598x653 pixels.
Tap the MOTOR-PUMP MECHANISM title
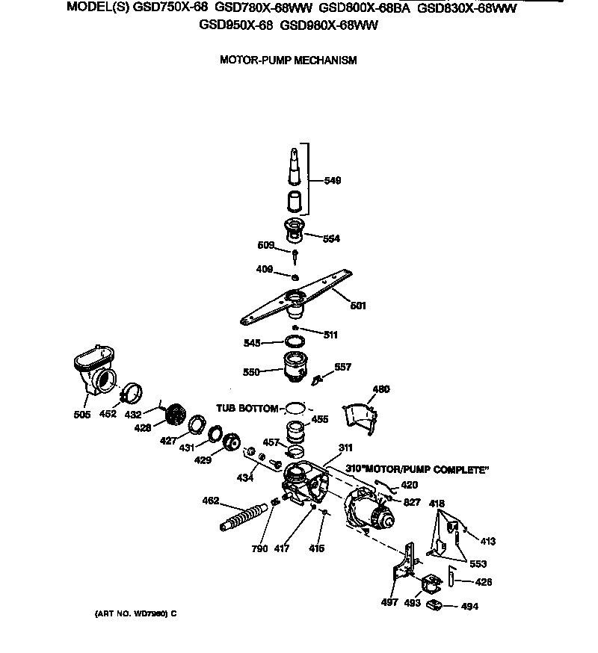[288, 60]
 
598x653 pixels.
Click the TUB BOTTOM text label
[247, 409]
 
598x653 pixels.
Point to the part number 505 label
[82, 415]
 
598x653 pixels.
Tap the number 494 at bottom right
[469, 607]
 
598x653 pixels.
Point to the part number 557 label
[342, 368]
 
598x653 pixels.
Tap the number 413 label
[487, 541]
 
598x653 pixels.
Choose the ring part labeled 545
[296, 341]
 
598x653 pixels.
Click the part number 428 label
[142, 427]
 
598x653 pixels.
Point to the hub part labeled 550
[297, 368]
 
